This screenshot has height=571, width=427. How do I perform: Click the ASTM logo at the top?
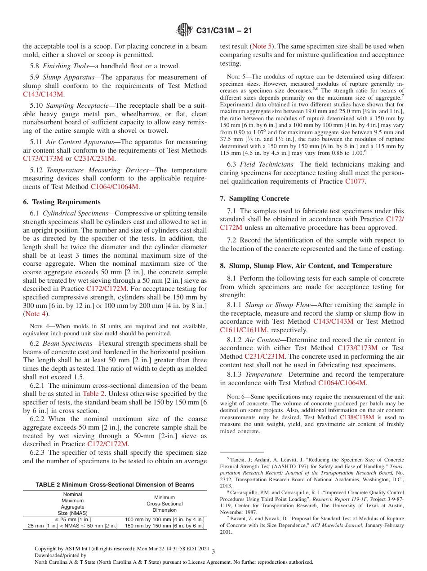click(x=184, y=31)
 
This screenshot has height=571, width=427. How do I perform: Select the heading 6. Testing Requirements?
click(x=62, y=202)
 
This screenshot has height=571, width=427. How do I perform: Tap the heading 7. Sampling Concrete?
click(x=254, y=198)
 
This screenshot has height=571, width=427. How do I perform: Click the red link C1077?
click(x=355, y=181)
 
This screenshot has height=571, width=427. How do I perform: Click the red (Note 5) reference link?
click(x=261, y=46)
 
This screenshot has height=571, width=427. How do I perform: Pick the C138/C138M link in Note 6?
click(x=357, y=417)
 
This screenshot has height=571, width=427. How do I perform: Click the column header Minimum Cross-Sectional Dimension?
click(x=165, y=504)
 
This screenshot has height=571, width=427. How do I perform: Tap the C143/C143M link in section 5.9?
click(x=43, y=94)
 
